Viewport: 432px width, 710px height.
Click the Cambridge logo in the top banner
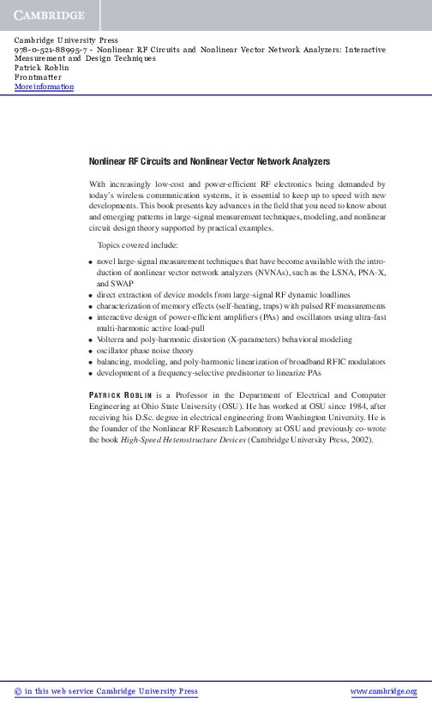(49, 16)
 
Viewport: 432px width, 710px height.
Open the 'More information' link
(44, 87)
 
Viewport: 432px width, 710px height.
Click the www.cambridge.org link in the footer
(384, 691)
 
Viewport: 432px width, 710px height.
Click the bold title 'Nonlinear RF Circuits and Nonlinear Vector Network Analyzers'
(209, 161)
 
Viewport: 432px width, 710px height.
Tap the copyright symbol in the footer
(18, 691)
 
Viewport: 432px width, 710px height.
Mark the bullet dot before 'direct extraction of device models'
(92, 294)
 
